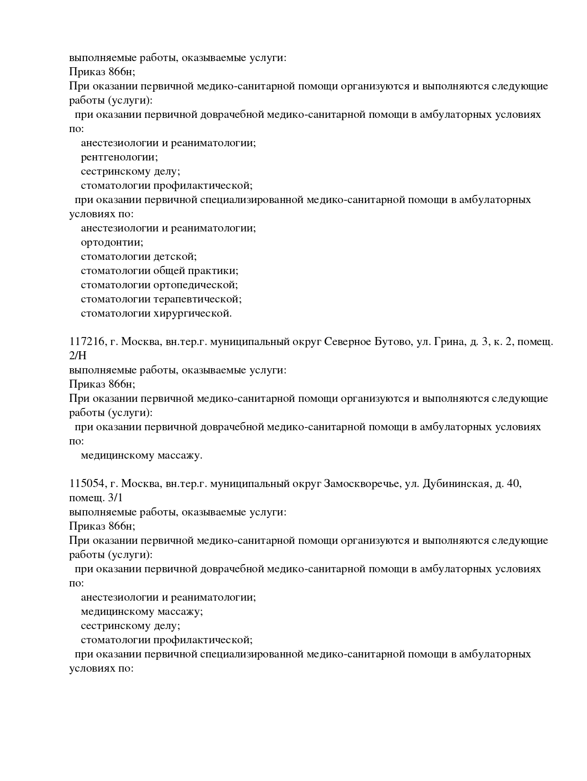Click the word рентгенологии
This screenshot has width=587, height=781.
(x=119, y=157)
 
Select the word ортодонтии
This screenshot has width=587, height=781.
(x=111, y=242)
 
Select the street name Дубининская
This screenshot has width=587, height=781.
(x=455, y=484)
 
